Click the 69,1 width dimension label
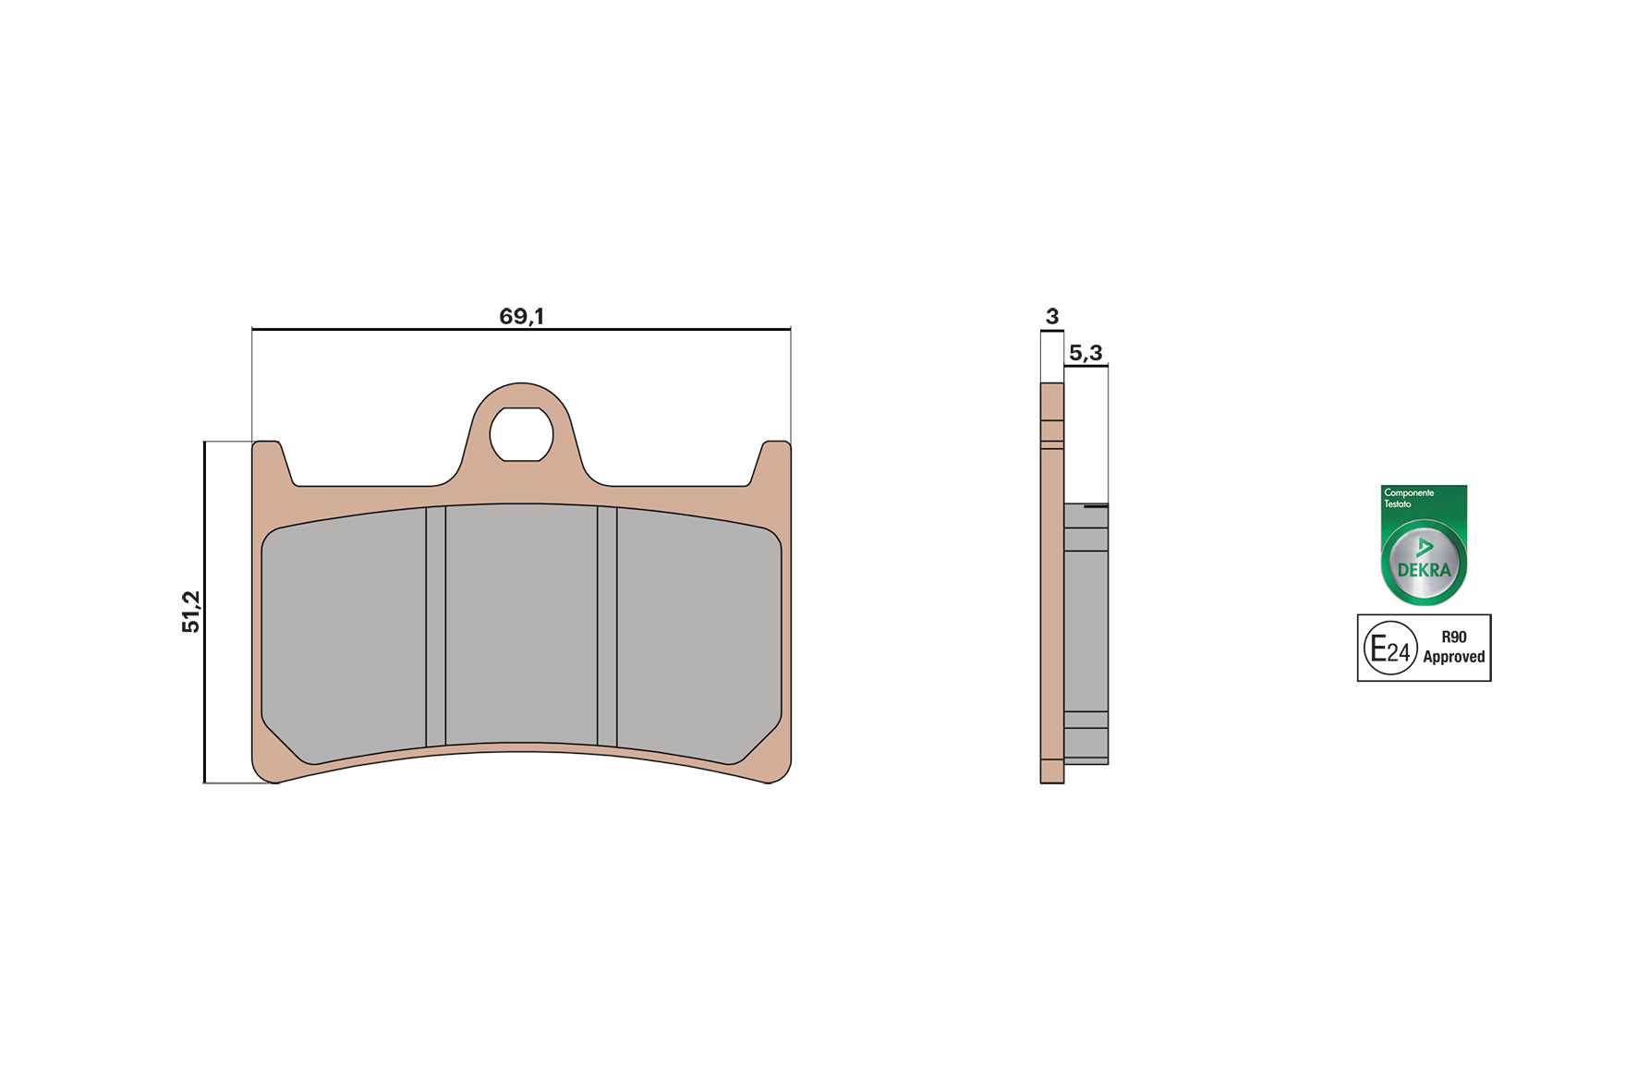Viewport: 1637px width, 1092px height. click(521, 316)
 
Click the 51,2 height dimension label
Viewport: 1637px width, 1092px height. click(191, 612)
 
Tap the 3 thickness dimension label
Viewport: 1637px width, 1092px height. click(1051, 317)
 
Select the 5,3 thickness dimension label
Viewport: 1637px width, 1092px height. click(1085, 353)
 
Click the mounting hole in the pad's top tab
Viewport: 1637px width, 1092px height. click(521, 434)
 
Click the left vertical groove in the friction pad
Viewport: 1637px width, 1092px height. click(435, 625)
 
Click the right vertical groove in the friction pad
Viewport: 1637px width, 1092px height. click(607, 625)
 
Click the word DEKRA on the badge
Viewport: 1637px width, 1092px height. click(1424, 571)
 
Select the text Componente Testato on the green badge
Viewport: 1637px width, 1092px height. click(1408, 498)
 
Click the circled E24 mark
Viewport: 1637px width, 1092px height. click(1390, 649)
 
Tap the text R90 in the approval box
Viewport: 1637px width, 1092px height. click(1453, 637)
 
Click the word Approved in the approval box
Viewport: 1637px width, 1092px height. click(1453, 657)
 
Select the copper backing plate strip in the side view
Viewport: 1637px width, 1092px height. click(1051, 601)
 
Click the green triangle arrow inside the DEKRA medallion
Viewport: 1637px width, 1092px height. click(1425, 547)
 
